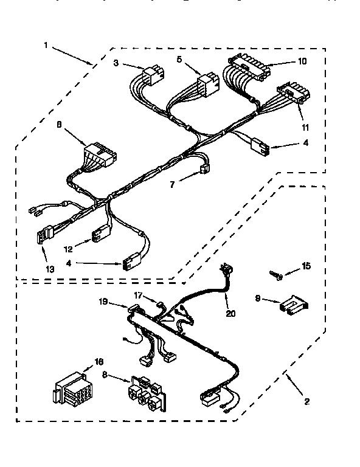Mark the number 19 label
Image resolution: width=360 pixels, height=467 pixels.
(103, 300)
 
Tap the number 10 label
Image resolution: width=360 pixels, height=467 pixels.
(303, 61)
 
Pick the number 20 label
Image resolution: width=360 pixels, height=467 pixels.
(229, 314)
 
